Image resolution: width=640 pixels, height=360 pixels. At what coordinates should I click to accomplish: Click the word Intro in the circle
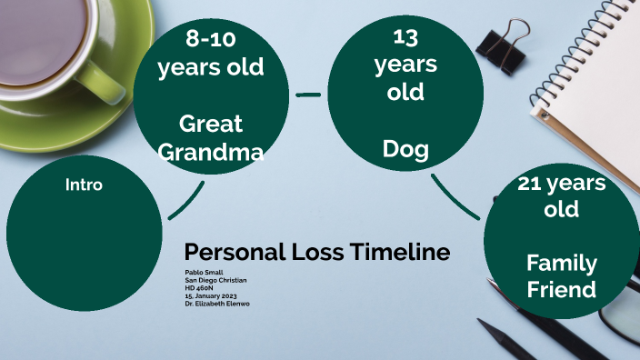pos(84,185)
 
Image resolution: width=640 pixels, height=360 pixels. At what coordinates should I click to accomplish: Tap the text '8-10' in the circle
pos(211,38)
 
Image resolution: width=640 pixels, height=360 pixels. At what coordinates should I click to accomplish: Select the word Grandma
pos(211,152)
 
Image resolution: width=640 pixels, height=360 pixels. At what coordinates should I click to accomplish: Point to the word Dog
pos(405,148)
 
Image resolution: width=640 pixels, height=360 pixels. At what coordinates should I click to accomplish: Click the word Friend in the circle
pos(562,290)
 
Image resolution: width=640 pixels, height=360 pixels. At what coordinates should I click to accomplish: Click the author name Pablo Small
pos(205,273)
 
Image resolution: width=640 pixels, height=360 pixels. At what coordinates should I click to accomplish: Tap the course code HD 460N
pos(199,288)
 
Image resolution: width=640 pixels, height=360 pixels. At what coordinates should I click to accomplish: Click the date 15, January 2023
pos(212,295)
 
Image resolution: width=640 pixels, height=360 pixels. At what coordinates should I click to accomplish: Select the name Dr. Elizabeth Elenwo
pos(217,304)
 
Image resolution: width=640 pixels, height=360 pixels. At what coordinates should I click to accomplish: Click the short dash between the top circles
pos(309,94)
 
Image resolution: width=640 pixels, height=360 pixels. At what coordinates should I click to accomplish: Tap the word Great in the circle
pos(211,124)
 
